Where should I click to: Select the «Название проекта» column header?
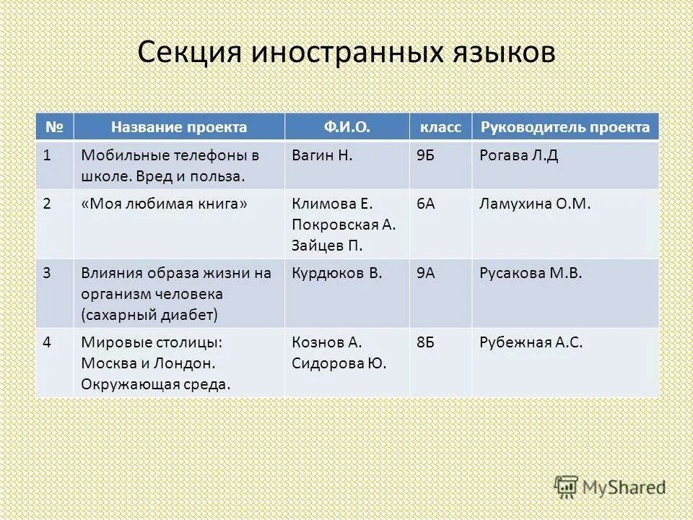(x=179, y=128)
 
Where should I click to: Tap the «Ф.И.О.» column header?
(x=346, y=128)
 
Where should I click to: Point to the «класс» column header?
(x=440, y=128)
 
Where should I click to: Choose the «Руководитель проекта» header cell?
(x=565, y=128)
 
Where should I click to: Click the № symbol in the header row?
(x=54, y=128)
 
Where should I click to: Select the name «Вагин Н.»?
(x=322, y=155)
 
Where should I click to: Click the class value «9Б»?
(x=425, y=155)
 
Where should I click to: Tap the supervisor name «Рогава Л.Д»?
(x=518, y=155)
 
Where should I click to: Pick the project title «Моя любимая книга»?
(x=165, y=204)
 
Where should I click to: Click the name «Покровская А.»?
(x=344, y=225)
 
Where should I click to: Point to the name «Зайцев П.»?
(x=327, y=246)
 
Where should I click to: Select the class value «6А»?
(x=425, y=204)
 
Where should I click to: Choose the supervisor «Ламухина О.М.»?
(x=535, y=204)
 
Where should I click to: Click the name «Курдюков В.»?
(x=337, y=274)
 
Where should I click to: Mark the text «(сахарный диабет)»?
(x=149, y=315)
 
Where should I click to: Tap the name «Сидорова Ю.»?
(x=339, y=363)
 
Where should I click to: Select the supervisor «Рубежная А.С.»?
(x=531, y=342)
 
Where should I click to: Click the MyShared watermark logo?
(x=610, y=487)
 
